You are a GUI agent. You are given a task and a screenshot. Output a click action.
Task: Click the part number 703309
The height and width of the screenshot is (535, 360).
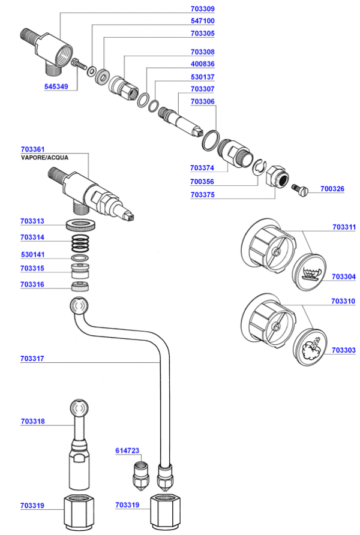tap(202, 9)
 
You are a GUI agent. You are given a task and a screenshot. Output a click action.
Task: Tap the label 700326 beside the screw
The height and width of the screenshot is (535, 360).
tap(332, 189)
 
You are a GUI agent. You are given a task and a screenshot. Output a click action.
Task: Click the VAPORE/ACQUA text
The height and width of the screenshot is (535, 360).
tap(44, 158)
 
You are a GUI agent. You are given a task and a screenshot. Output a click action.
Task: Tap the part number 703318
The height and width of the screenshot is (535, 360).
tap(32, 422)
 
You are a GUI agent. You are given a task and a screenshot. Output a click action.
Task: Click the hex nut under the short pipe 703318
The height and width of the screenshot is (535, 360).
tap(80, 513)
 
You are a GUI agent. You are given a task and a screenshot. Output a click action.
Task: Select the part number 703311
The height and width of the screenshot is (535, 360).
tap(344, 227)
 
